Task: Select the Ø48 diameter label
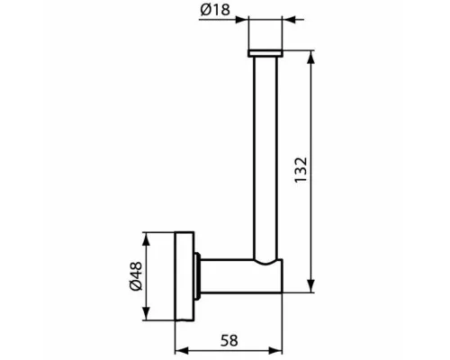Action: point(133,275)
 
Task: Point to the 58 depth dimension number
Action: point(229,340)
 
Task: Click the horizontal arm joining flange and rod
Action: point(234,276)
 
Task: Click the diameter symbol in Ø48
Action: point(133,287)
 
